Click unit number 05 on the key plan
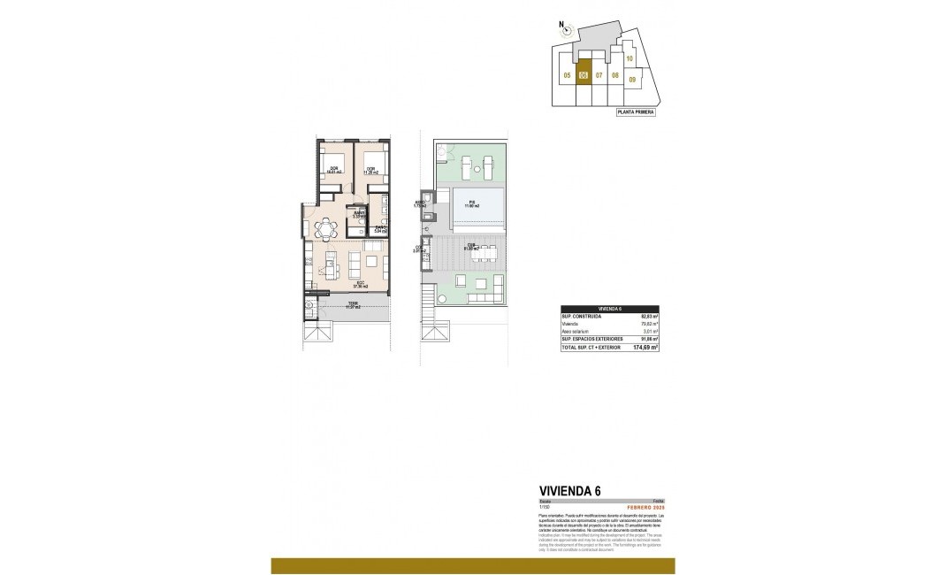pos(566,75)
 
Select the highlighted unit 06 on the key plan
pos(583,75)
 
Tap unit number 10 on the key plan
pos(629,58)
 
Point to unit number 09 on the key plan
pos(632,80)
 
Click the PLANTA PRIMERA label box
pos(636,112)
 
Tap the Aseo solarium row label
pos(576,331)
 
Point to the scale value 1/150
pos(545,507)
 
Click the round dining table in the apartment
pos(327,230)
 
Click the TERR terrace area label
pos(353,304)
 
